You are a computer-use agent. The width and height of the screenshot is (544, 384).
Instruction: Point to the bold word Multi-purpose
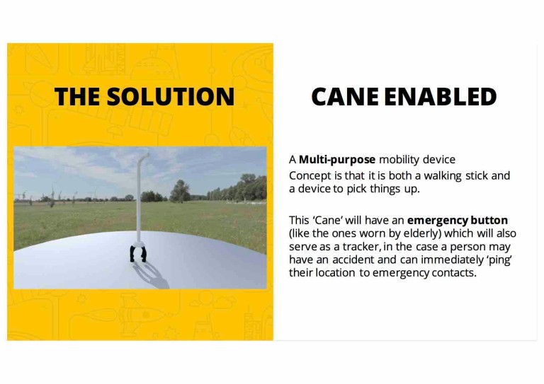click(337, 160)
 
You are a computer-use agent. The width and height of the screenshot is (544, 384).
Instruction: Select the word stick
click(485, 175)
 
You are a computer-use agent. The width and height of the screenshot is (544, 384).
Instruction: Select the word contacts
click(453, 272)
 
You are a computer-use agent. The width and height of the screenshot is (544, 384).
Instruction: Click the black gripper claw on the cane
click(137, 252)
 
